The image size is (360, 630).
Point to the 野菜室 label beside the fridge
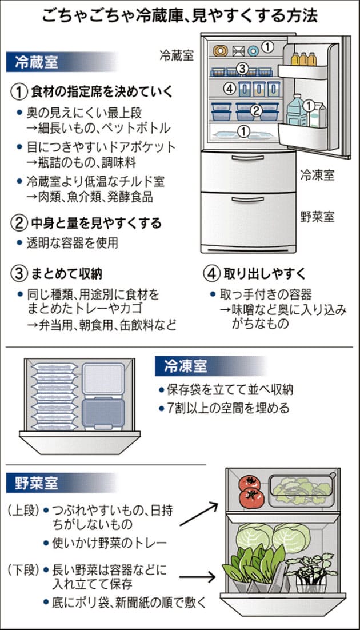pyautogui.click(x=317, y=217)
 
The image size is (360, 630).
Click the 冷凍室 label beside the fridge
pyautogui.click(x=317, y=175)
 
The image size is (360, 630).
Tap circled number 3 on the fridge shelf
pyautogui.click(x=242, y=69)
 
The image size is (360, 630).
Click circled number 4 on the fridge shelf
pyautogui.click(x=229, y=89)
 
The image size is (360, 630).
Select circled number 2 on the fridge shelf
pyautogui.click(x=257, y=110)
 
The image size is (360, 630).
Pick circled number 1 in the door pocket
pyautogui.click(x=308, y=106)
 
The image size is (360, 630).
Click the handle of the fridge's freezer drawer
pyautogui.click(x=247, y=158)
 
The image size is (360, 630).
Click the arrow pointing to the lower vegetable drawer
pyautogui.click(x=197, y=578)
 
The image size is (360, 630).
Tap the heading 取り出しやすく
pyautogui.click(x=265, y=274)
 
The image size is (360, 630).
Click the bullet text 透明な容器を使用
pyautogui.click(x=73, y=244)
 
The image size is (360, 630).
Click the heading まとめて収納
pyautogui.click(x=66, y=274)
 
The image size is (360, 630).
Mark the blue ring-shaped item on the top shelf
pyautogui.click(x=253, y=51)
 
